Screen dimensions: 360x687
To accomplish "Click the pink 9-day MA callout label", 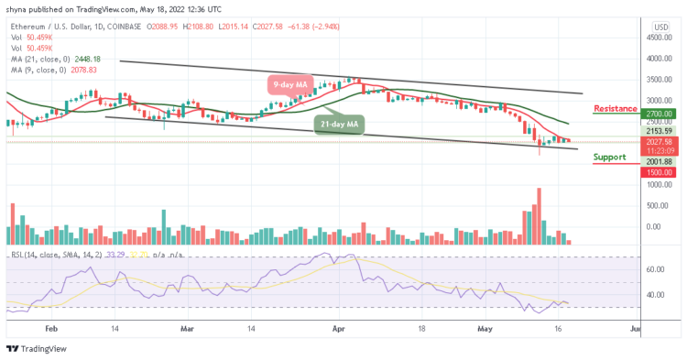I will pos(289,85).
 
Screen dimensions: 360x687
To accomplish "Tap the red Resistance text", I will pos(616,108).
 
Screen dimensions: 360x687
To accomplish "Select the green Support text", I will pos(610,157).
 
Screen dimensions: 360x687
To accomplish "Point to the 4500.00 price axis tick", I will pos(659,38).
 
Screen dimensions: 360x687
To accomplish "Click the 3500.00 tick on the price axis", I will pos(659,80).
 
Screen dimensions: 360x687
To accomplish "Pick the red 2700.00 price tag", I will pos(659,114).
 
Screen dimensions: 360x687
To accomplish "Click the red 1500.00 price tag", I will pos(659,171).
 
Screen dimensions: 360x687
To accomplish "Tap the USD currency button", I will pos(660,27).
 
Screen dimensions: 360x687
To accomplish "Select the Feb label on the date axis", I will pos(51,326).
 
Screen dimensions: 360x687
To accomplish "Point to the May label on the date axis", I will pos(487,326).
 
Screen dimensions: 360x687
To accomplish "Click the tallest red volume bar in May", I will pos(539,216).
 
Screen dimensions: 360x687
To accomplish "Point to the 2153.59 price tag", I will pos(659,132).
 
